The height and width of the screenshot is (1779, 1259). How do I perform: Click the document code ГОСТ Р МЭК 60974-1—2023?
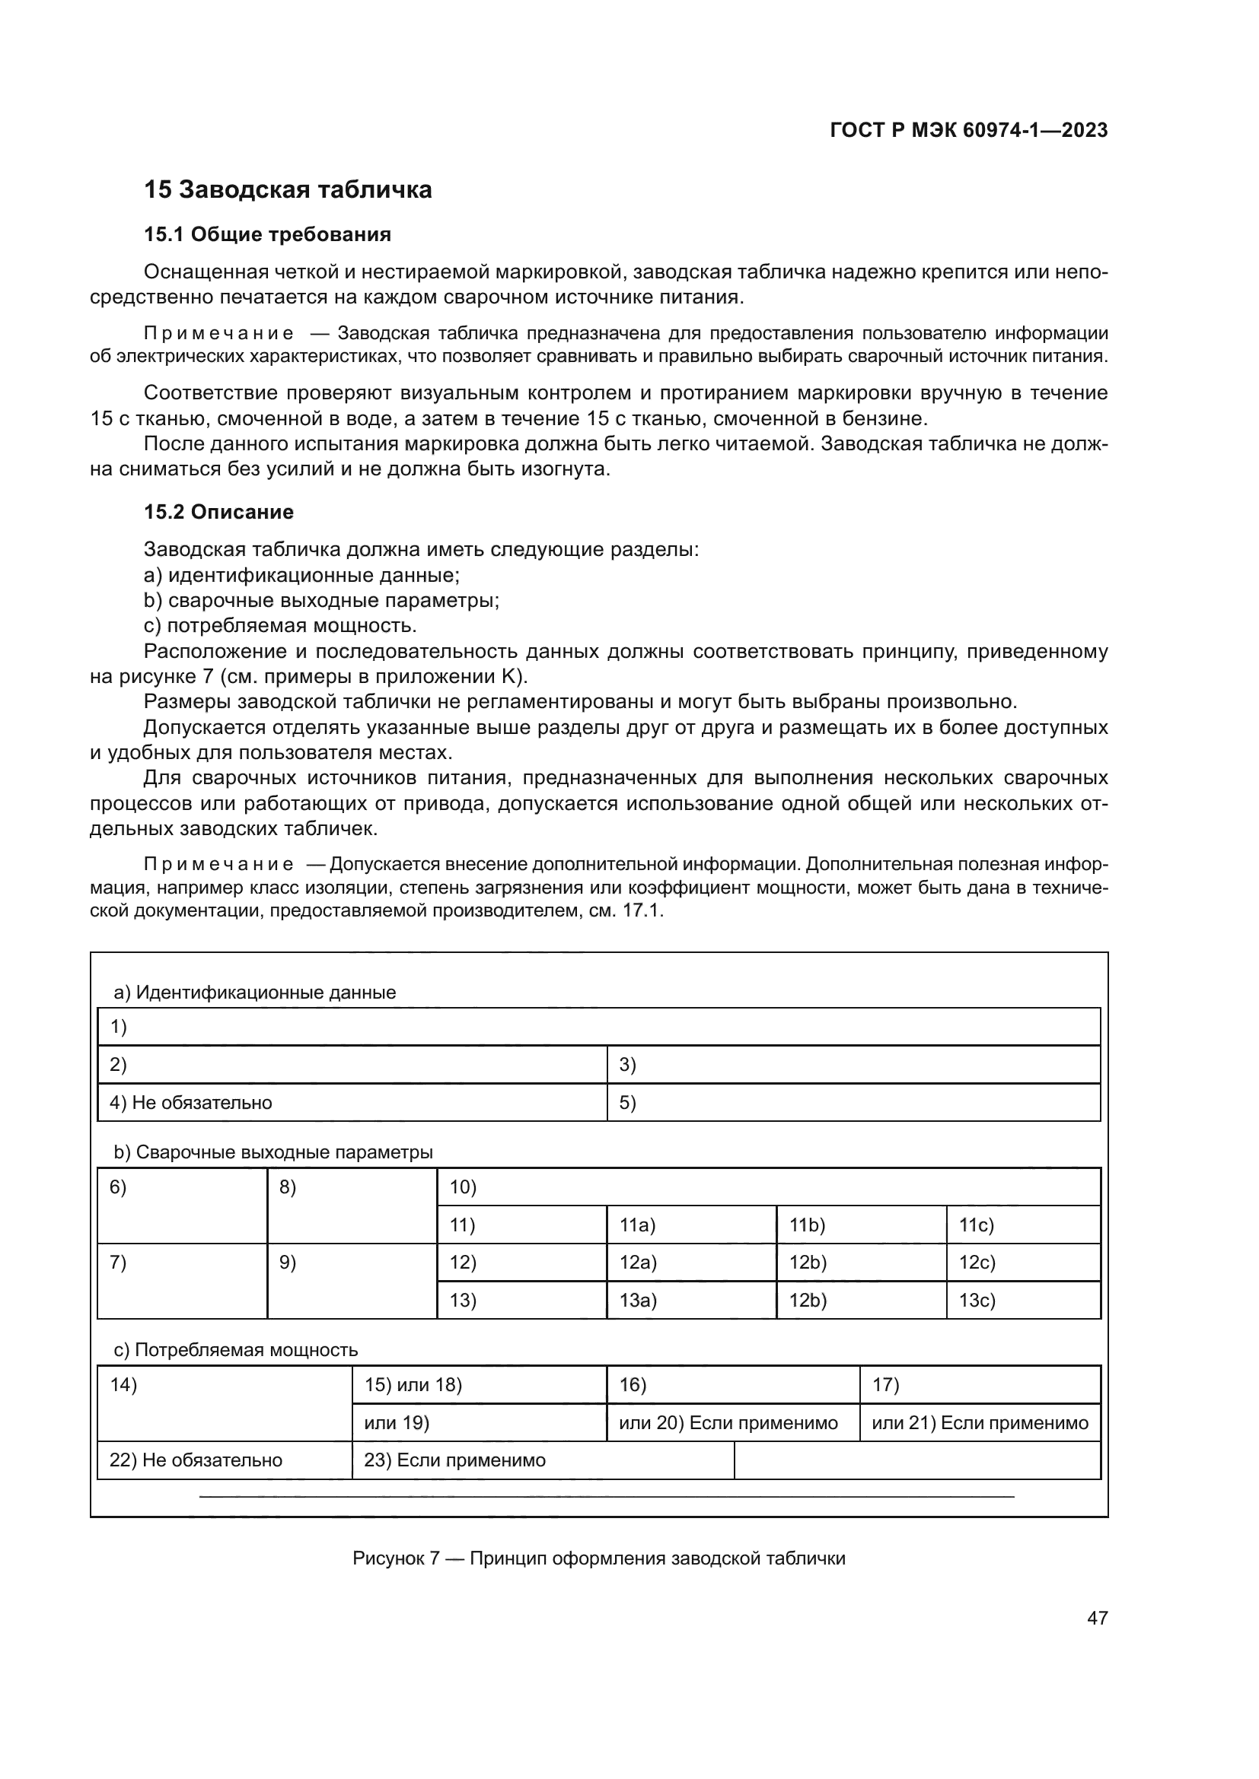(968, 130)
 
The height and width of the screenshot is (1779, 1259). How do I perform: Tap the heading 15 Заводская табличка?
(288, 190)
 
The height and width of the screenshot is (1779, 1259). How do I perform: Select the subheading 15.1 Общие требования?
(267, 234)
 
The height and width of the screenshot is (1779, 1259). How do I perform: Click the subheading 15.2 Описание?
(218, 512)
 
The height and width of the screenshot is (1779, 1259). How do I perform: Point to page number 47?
(1097, 1618)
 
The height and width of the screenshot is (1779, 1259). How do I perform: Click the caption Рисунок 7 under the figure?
(598, 1558)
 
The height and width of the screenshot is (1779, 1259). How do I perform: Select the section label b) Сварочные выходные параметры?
(273, 1152)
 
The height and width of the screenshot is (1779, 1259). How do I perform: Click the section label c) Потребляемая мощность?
(236, 1350)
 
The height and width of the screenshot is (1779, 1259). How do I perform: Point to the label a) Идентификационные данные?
(254, 993)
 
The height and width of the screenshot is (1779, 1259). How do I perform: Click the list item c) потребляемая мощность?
(281, 625)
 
